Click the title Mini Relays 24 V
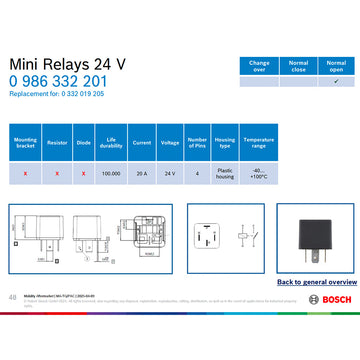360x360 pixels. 69,64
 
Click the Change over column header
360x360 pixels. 259,66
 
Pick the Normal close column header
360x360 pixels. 298,66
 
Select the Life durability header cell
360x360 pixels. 112,143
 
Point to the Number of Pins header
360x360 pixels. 198,143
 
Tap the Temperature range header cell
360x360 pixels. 258,143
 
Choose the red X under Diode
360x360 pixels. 83,172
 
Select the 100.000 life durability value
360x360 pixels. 112,172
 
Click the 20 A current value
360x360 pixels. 141,172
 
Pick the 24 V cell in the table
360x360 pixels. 169,172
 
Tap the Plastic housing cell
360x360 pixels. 225,172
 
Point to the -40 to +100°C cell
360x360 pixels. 258,172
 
